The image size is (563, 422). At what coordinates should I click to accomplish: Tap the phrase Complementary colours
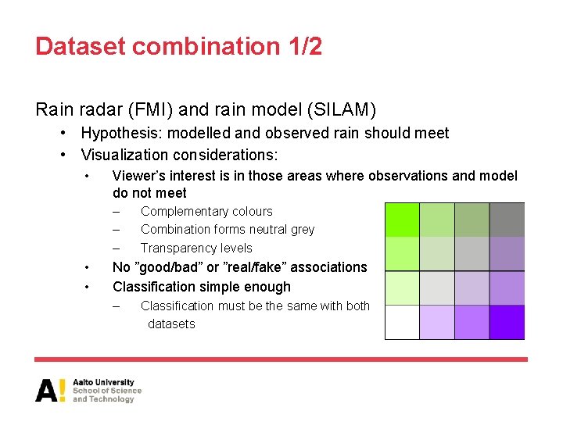(206, 211)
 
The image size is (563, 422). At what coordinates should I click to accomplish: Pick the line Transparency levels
(196, 248)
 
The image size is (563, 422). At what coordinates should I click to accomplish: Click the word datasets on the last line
(171, 324)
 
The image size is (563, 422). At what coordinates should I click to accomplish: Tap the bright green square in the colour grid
(402, 220)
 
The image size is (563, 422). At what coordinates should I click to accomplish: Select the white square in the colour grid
(402, 322)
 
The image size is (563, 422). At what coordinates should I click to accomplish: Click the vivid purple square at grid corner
(507, 322)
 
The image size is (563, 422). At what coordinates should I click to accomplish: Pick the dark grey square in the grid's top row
(507, 220)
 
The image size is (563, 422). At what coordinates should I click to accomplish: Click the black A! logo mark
(50, 390)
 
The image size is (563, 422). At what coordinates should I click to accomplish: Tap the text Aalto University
(103, 382)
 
